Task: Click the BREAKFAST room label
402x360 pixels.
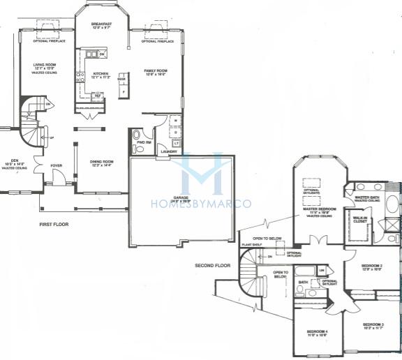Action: [x=101, y=23]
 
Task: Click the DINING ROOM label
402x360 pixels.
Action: [x=101, y=161]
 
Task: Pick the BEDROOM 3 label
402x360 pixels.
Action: [x=373, y=324]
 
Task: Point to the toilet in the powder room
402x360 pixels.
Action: [x=136, y=135]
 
